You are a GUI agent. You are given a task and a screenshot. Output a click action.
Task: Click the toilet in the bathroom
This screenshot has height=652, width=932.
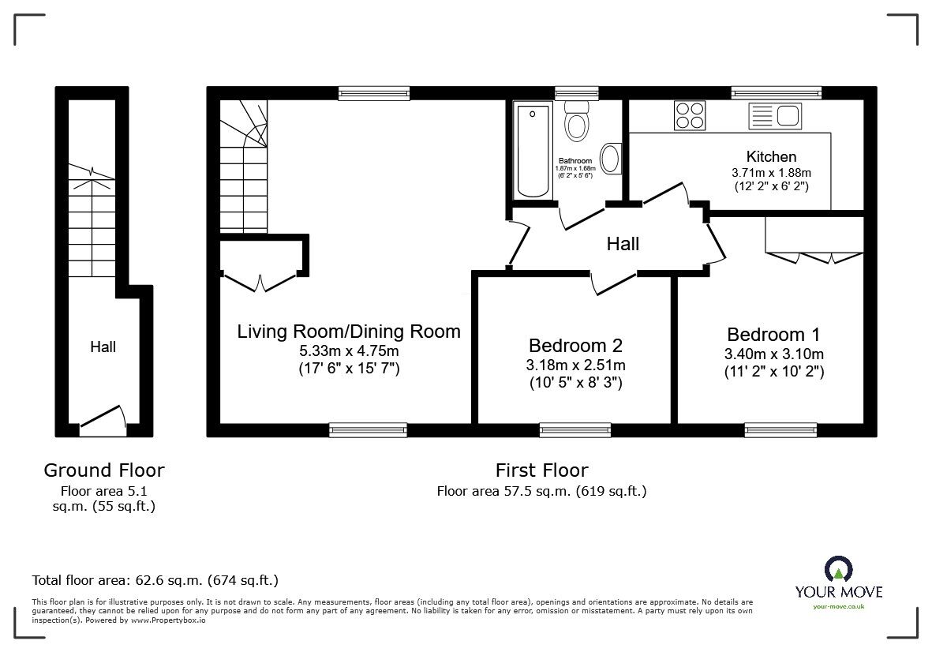(x=578, y=123)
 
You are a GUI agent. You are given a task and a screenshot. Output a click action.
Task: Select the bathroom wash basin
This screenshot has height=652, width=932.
(x=611, y=159)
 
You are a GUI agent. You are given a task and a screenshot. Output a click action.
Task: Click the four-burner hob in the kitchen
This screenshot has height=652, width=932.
(x=690, y=115)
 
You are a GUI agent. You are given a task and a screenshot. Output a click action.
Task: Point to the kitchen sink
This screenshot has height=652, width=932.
(x=777, y=116)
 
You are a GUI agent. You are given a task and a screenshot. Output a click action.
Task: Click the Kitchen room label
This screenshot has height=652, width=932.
(x=771, y=157)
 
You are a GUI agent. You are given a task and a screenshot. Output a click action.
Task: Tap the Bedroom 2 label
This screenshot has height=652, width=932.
(x=575, y=345)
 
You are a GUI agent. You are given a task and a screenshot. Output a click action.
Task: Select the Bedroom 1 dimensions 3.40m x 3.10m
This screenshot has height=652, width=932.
(x=774, y=354)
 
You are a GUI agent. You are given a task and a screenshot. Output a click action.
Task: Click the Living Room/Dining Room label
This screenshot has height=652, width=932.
(x=349, y=331)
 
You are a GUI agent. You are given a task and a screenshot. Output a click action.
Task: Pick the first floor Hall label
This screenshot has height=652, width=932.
(x=623, y=244)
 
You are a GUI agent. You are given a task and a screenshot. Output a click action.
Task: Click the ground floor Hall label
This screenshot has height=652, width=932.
(x=103, y=347)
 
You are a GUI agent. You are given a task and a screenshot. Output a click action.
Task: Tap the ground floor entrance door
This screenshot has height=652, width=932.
(x=103, y=422)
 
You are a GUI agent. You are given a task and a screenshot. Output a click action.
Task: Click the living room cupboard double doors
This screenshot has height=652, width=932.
(x=260, y=280)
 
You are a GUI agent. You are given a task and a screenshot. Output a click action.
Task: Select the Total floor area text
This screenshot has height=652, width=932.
(x=155, y=580)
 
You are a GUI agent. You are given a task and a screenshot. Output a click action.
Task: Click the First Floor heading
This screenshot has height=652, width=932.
(x=541, y=470)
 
